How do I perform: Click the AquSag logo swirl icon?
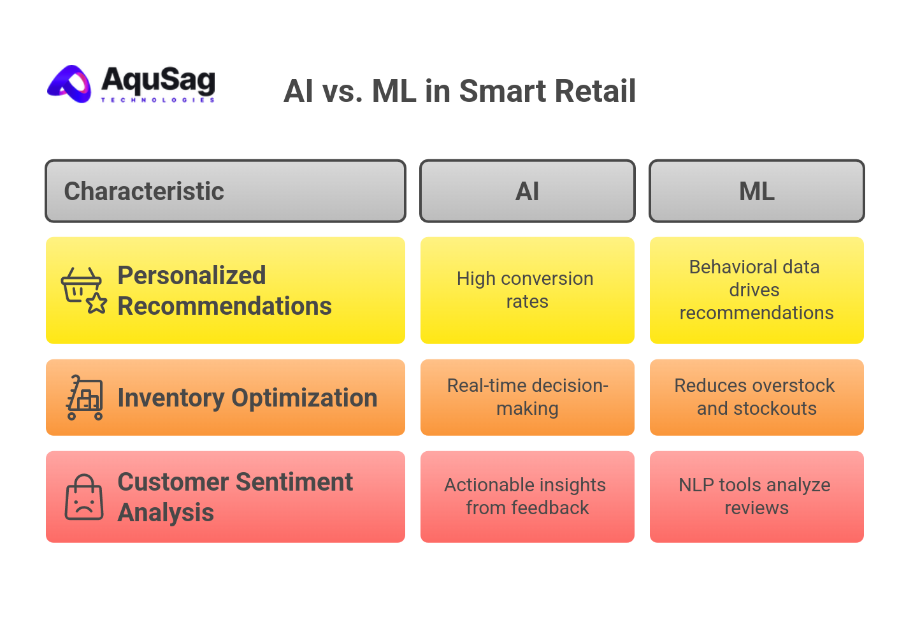[71, 84]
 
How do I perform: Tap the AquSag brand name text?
[157, 81]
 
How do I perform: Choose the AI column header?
[527, 191]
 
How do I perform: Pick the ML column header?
[756, 191]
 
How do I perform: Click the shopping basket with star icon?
[83, 291]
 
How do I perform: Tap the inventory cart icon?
[85, 398]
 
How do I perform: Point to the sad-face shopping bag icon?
[84, 497]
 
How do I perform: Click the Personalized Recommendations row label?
[224, 291]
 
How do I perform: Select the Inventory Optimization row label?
[247, 398]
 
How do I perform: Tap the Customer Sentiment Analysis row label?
[234, 497]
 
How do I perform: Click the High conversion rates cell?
[527, 290]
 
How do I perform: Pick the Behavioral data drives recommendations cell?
[756, 290]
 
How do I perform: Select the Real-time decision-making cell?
[527, 397]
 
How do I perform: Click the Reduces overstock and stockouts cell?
[756, 397]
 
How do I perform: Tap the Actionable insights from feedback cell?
[527, 496]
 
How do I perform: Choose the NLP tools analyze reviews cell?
[756, 496]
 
